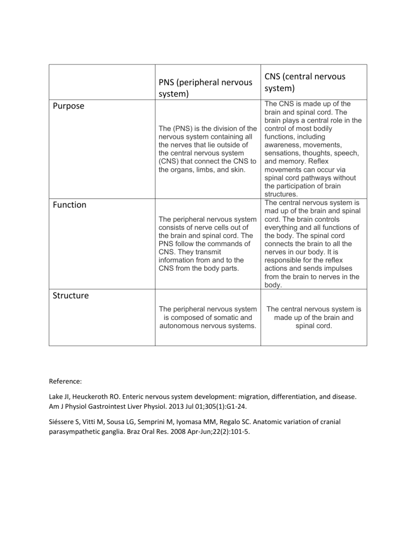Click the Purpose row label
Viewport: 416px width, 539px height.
68,106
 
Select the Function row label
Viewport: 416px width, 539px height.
70,205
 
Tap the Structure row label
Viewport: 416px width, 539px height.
71,297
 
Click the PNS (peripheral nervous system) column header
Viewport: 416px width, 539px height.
205,88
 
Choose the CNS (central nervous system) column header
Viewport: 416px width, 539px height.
306,82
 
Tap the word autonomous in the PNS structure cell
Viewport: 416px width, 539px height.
185,327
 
